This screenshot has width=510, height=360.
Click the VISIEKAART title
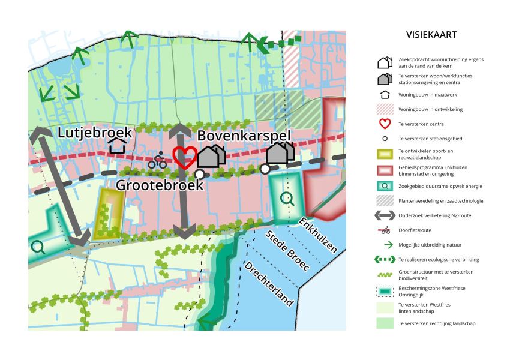click(x=431, y=35)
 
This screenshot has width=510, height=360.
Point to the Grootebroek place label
click(x=160, y=184)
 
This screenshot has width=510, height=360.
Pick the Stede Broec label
click(x=287, y=250)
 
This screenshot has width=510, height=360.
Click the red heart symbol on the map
click(x=184, y=157)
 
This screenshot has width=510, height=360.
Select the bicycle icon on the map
click(x=157, y=160)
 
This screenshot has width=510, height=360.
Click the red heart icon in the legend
click(x=385, y=124)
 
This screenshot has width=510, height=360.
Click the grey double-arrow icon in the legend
click(x=385, y=215)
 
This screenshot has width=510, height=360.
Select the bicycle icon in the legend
click(x=385, y=230)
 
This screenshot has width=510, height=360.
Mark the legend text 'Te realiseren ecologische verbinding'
click(x=439, y=260)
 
